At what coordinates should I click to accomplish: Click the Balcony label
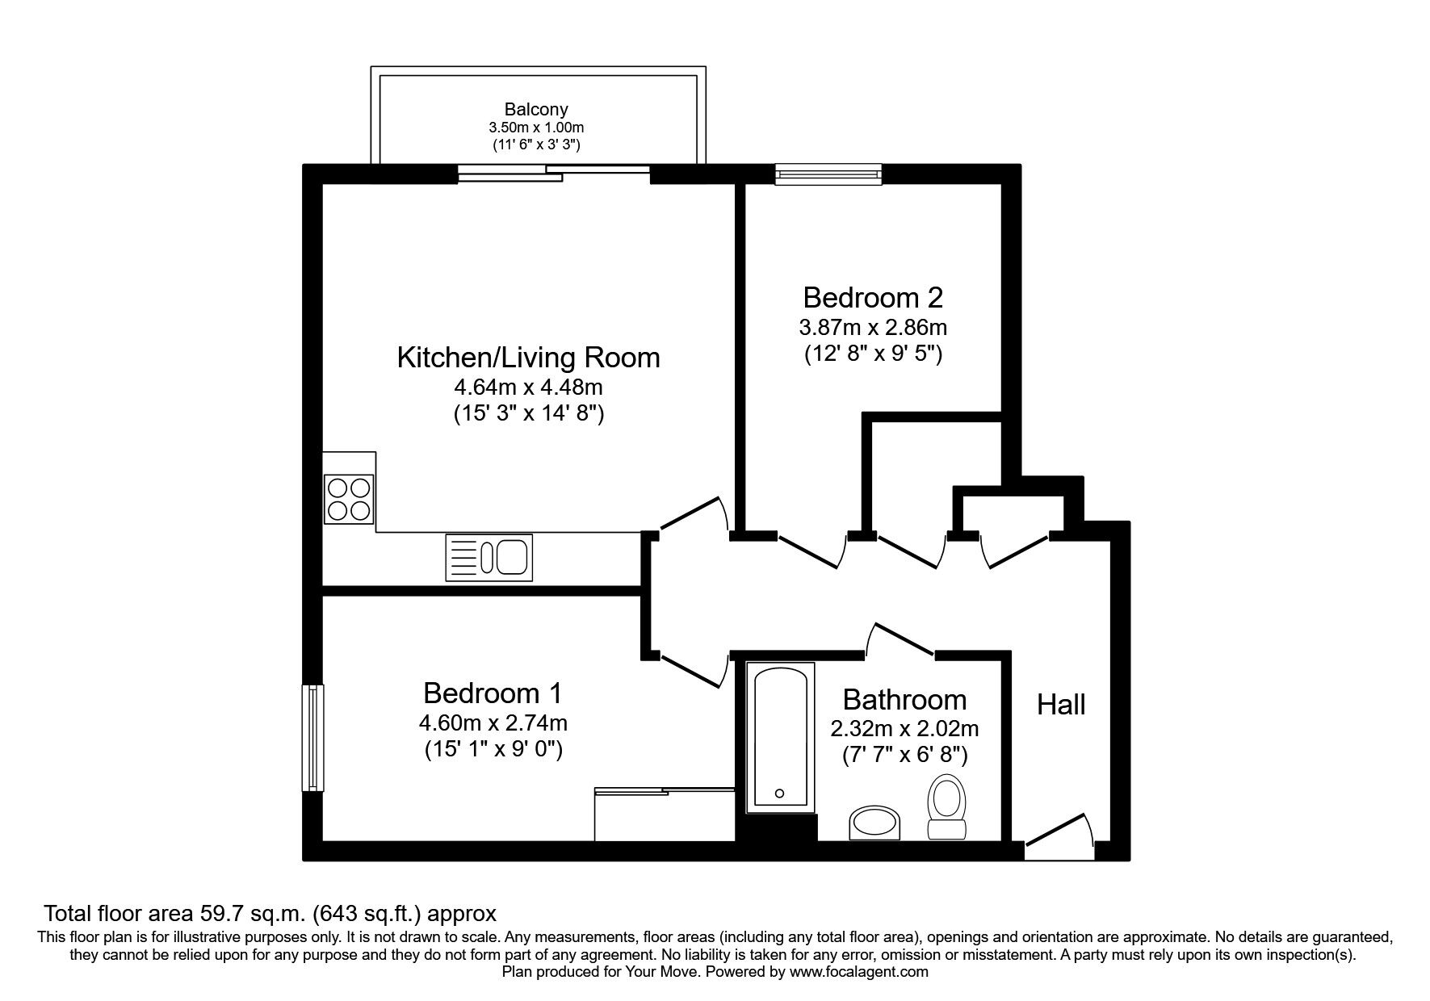coord(536,109)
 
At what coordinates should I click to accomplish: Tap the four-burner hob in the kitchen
coord(349,498)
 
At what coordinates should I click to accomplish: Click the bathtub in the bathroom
coord(778,735)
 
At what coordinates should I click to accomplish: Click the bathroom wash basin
coord(874,823)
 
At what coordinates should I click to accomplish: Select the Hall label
coord(1060,705)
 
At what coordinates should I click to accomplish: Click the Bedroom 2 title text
coord(873,298)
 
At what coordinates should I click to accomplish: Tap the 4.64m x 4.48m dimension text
coord(528,387)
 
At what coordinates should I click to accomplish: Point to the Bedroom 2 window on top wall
coord(827,174)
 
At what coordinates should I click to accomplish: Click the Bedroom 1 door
coord(691,669)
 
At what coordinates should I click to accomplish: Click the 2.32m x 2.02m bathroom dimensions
coord(904,729)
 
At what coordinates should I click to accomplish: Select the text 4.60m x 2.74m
coord(493,723)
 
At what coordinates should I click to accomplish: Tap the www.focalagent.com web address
coord(858,972)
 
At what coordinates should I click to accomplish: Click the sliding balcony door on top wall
coord(554,173)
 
